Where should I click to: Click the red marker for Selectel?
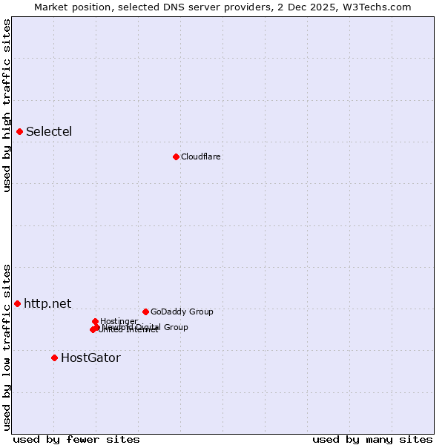[20, 132]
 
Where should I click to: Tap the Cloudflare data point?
[176, 156]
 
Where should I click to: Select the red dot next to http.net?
[17, 303]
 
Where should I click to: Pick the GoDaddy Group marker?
[145, 311]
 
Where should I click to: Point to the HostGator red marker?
[54, 357]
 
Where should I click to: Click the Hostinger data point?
[96, 321]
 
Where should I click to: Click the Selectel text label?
[49, 132]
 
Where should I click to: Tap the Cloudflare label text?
[200, 156]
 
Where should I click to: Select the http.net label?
[47, 303]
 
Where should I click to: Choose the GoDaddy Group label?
[182, 311]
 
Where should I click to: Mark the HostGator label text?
[90, 357]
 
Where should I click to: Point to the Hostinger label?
[119, 321]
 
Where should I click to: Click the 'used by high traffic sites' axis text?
[7, 105]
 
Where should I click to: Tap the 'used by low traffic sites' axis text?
[7, 347]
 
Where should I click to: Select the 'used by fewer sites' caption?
[76, 439]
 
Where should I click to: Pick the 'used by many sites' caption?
[372, 439]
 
